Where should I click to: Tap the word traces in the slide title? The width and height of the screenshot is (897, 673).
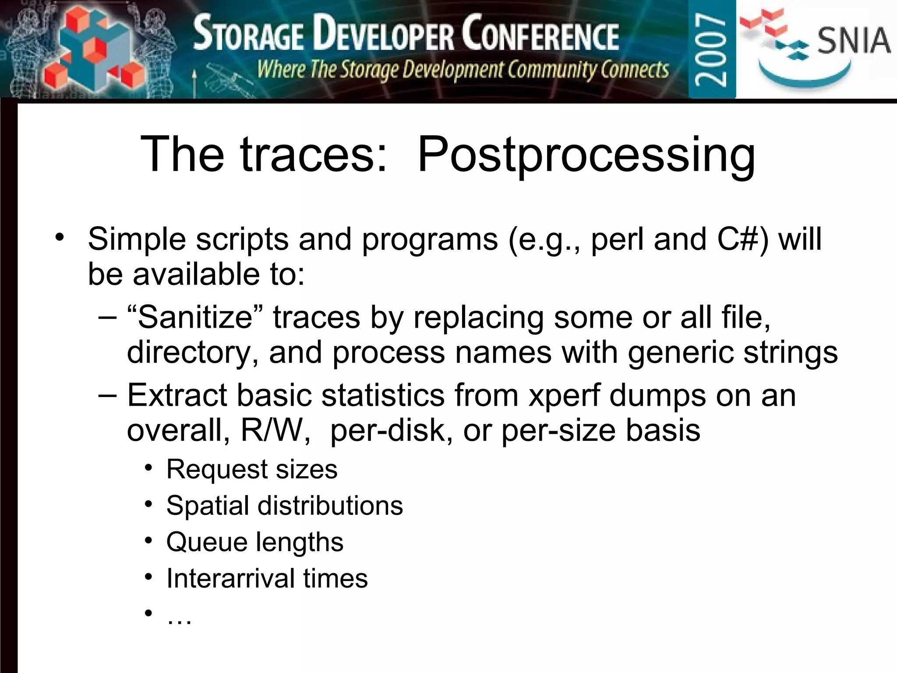click(314, 154)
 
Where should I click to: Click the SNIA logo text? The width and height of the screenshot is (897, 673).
click(853, 40)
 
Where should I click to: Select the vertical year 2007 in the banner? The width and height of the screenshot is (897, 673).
click(711, 49)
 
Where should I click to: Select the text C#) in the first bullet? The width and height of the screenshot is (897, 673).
click(743, 240)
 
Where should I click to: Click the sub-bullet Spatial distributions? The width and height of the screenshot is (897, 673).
click(284, 506)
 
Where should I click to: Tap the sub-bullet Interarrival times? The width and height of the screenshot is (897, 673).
click(267, 578)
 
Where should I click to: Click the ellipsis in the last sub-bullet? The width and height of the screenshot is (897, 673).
click(179, 618)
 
